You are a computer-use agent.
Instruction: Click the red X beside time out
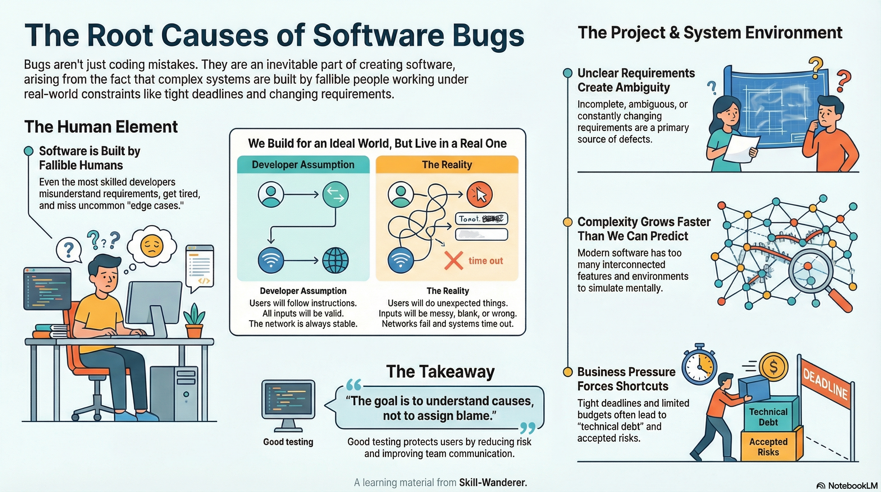coord(454,261)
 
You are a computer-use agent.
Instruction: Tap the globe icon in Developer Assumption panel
coord(335,260)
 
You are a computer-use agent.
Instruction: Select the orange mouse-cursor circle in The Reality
coord(480,195)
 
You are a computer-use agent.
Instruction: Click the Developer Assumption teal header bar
coord(303,165)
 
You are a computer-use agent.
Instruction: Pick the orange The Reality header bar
coord(447,165)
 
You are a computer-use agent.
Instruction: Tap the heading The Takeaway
coord(440,372)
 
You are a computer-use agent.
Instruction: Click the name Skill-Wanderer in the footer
coord(493,482)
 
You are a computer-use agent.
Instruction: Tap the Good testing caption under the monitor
coord(288,442)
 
